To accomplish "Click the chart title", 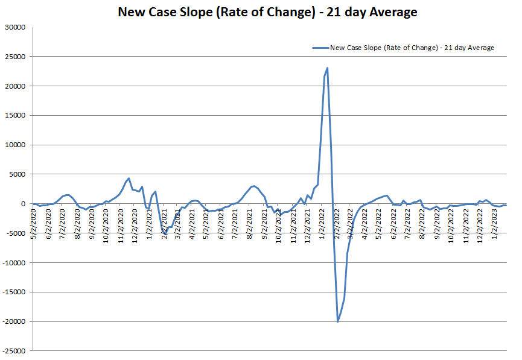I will point(267,11).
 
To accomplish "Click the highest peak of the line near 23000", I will point(327,68).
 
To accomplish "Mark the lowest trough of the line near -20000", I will point(338,321).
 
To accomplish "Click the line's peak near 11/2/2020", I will point(129,178).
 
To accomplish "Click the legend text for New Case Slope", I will point(412,48).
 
